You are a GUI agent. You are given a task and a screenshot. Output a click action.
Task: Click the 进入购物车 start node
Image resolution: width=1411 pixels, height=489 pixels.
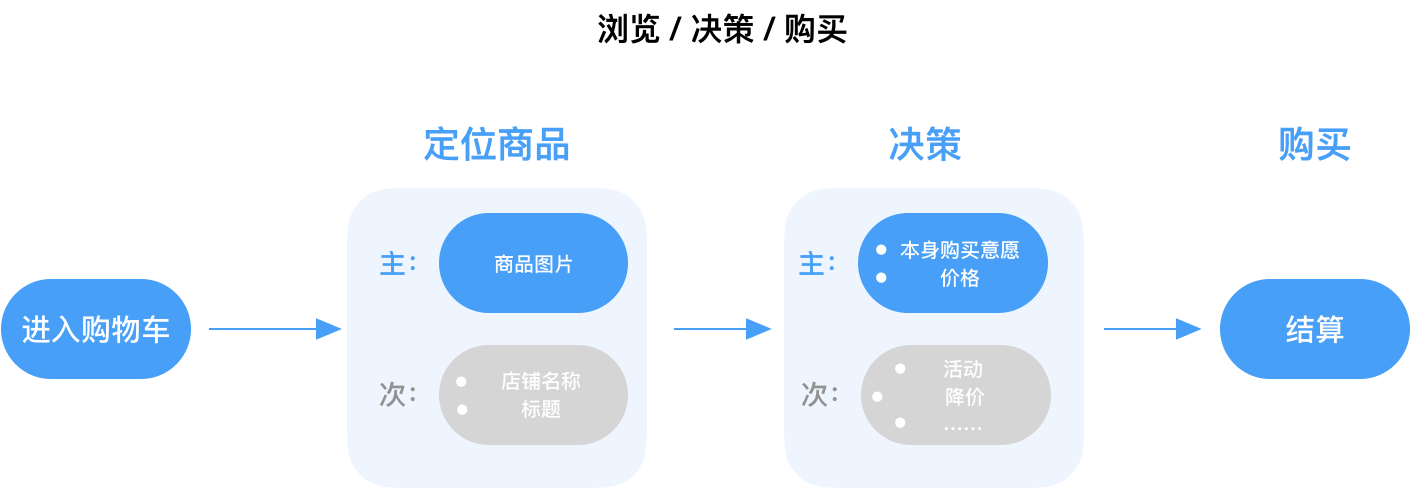pos(96,329)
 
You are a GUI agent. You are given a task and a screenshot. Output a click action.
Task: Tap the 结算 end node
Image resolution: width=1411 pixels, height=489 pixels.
pos(1314,329)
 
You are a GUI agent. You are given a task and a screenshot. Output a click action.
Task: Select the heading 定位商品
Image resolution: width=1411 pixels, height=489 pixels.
pos(497,144)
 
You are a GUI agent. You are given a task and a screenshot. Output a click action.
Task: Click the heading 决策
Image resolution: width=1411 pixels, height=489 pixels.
pos(925,144)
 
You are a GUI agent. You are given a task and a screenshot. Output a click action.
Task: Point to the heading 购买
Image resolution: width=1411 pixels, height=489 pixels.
pos(1314,144)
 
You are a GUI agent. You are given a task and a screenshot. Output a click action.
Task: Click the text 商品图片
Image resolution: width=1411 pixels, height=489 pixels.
pos(534,264)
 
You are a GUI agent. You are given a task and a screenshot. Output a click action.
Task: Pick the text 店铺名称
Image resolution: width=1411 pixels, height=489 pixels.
pos(541,381)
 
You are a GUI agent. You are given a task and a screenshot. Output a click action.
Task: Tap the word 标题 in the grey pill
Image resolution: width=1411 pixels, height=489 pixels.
pos(541,409)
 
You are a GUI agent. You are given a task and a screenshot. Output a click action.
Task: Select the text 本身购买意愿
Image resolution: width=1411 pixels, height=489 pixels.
pos(959,250)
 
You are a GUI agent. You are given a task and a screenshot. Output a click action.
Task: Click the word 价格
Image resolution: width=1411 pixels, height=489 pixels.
pos(960,279)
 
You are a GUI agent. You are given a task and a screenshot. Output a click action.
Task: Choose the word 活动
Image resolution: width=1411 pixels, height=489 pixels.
pos(963,369)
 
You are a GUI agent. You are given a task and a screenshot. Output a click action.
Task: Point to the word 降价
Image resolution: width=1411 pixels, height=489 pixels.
pos(964,397)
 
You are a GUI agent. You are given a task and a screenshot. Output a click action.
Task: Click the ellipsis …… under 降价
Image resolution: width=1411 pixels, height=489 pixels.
pos(963,426)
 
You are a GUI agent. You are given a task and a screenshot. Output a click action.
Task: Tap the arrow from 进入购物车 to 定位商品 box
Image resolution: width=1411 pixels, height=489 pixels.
pos(275,329)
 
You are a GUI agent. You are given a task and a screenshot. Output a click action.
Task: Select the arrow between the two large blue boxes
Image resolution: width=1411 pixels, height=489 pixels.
pos(722,329)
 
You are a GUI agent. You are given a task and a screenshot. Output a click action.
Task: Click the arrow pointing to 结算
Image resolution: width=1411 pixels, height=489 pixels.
pos(1152,329)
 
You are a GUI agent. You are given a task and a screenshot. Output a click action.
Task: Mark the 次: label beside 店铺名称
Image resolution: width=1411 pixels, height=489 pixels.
pos(397,394)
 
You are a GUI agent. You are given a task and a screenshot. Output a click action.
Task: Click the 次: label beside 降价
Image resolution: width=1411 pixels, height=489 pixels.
pos(819,394)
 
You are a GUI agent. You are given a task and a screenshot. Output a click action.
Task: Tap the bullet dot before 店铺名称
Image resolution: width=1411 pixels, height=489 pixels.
pos(461,381)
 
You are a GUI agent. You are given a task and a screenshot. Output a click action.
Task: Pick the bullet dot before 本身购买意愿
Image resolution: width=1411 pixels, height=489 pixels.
pos(881,250)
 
